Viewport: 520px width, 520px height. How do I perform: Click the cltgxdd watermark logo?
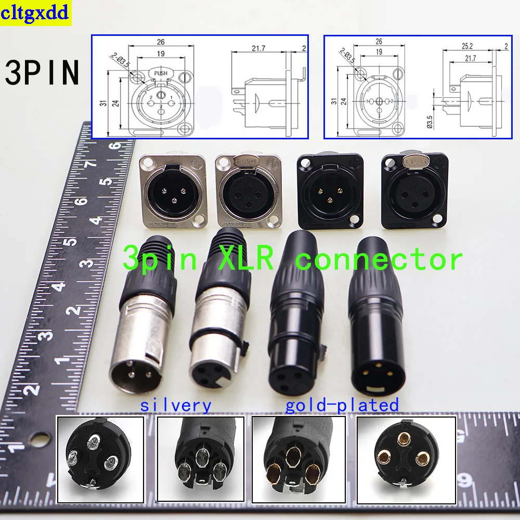35,13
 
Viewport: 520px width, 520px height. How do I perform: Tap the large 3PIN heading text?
43,73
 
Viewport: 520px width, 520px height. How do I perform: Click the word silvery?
176,405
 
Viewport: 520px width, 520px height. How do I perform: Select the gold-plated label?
342,405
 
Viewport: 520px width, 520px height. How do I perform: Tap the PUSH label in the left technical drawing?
161,74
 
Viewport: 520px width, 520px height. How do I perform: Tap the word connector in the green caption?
379,258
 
